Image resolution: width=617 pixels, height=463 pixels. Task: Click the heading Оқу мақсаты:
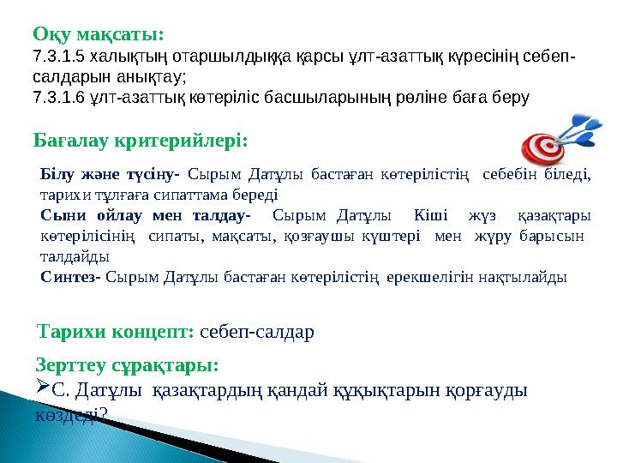(x=98, y=34)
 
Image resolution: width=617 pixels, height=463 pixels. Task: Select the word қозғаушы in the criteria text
(x=237, y=235)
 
